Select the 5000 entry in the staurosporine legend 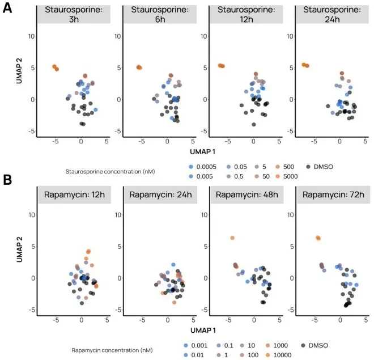[286, 176]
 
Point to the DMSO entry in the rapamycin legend [321, 345]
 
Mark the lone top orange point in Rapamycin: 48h [232, 238]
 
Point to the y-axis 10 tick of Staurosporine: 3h [32, 36]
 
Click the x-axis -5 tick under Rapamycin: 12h [55, 320]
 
